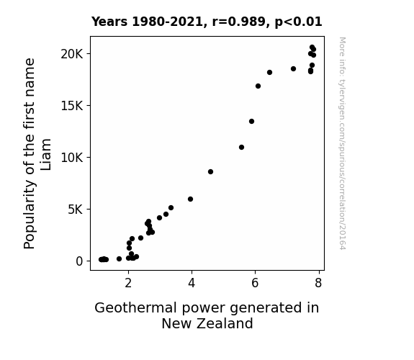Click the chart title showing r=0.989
(207, 22)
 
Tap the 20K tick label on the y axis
(72, 54)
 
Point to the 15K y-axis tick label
(72, 106)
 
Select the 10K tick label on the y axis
(72, 158)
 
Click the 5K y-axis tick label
(76, 210)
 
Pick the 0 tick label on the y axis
(79, 261)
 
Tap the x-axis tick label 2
(128, 283)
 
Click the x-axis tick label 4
(192, 283)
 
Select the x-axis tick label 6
(255, 283)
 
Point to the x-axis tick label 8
(318, 283)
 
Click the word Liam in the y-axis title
(46, 154)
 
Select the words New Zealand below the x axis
(207, 323)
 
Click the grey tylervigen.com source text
(342, 143)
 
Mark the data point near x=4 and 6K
(190, 199)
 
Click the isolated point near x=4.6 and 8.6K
(210, 171)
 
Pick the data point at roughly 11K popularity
(242, 147)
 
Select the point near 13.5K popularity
(251, 121)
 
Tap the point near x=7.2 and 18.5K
(293, 68)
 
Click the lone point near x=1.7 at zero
(119, 259)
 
